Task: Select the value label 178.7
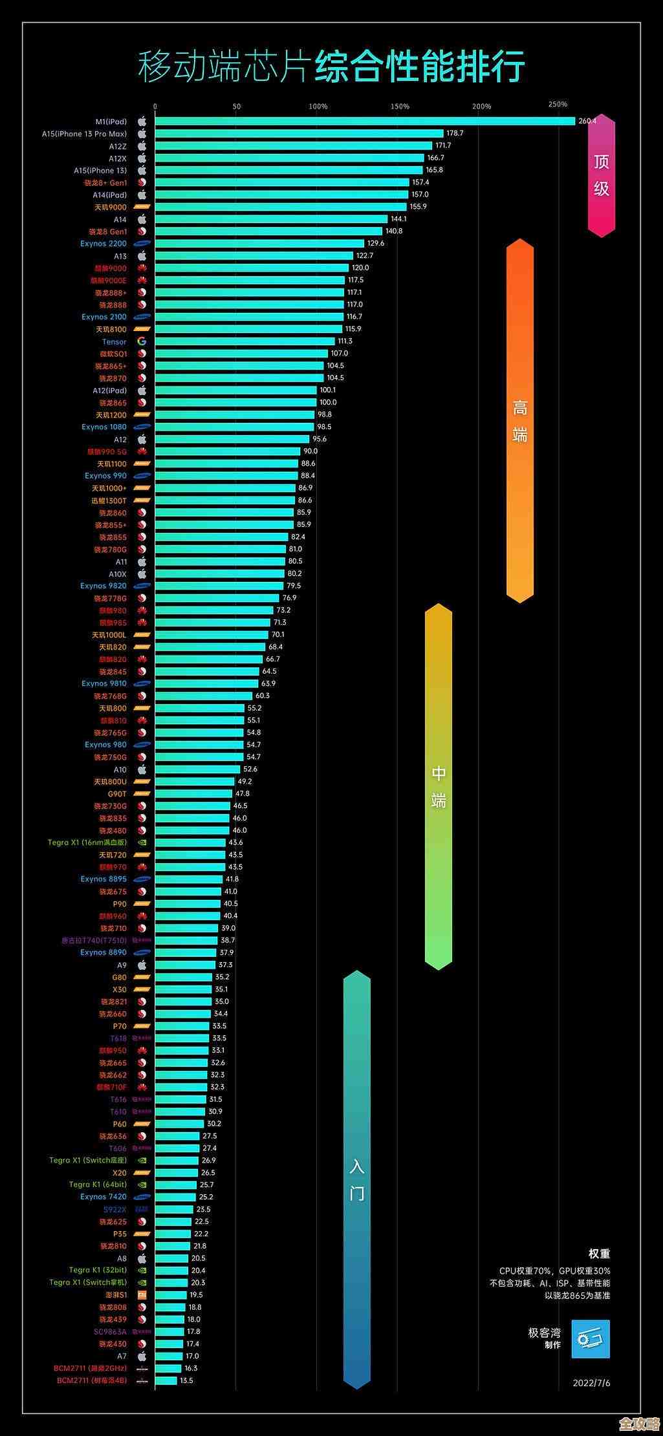[x=455, y=133]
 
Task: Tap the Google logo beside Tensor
[x=142, y=341]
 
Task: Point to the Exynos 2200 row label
[x=103, y=244]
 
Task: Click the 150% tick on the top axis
[x=400, y=107]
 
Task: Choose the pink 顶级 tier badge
[x=602, y=175]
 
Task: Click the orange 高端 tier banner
[x=520, y=420]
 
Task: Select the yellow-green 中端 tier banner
[x=439, y=786]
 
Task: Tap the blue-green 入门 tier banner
[x=357, y=1179]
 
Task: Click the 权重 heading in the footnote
[x=599, y=1254]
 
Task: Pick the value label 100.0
[x=328, y=402]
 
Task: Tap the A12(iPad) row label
[x=110, y=391]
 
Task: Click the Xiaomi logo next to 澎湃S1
[x=142, y=1295]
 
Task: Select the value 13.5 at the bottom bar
[x=186, y=1380]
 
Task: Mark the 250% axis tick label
[x=558, y=104]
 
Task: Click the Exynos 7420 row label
[x=103, y=1197]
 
